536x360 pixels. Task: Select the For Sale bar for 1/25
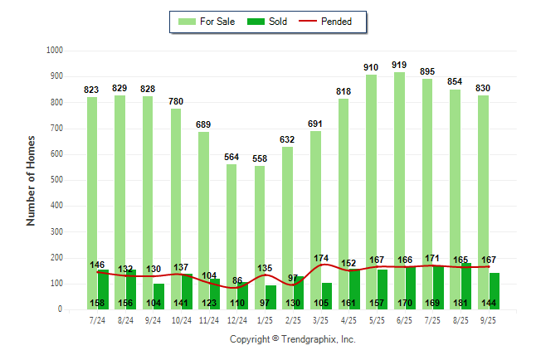[x=260, y=224]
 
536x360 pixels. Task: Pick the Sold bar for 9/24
[x=158, y=296]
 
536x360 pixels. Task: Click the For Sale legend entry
[x=207, y=22]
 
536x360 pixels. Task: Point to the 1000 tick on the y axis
[x=54, y=51]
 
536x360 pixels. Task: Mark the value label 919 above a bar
[x=399, y=65]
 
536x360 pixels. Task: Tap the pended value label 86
[x=237, y=281]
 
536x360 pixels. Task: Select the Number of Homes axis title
[x=32, y=180]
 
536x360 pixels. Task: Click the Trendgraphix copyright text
[x=292, y=340]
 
